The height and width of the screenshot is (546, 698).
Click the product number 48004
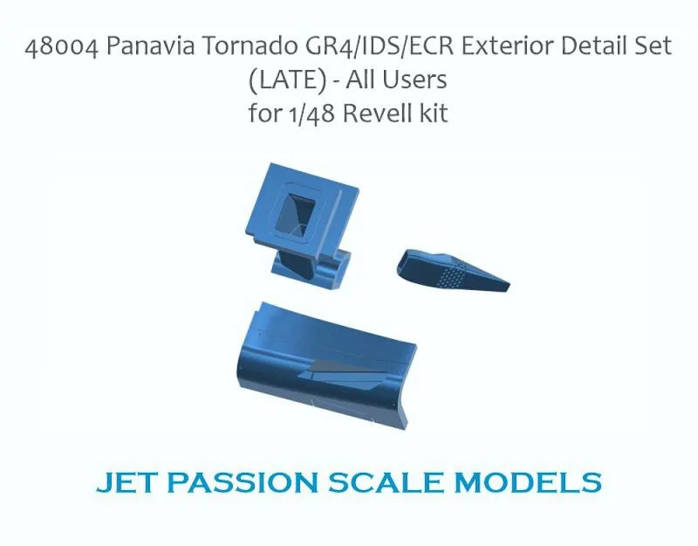click(62, 46)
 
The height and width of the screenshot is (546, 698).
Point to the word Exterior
click(506, 46)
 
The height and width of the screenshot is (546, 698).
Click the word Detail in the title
click(590, 46)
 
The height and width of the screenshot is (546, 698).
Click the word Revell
click(378, 114)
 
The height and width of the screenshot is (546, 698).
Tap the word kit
click(434, 114)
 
